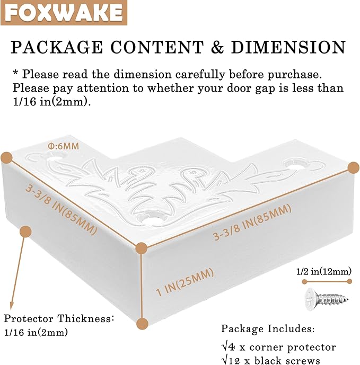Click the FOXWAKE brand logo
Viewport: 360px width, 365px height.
[64, 13]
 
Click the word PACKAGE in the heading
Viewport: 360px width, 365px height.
[57, 47]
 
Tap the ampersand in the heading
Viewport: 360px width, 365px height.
[217, 47]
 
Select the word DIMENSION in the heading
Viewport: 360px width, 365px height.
[288, 47]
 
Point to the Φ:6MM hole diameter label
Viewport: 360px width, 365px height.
[64, 146]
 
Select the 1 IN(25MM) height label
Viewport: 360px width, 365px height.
[185, 282]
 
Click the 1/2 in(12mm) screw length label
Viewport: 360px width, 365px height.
[323, 271]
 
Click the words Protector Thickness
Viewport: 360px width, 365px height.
[58, 318]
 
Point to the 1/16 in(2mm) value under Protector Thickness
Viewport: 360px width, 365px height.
[36, 332]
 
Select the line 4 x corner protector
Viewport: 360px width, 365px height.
[278, 348]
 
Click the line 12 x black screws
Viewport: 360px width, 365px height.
[270, 360]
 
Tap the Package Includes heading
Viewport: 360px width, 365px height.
[268, 328]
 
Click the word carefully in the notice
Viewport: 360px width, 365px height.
[200, 75]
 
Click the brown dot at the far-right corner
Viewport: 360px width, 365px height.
[354, 167]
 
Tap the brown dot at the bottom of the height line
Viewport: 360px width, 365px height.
[142, 324]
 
